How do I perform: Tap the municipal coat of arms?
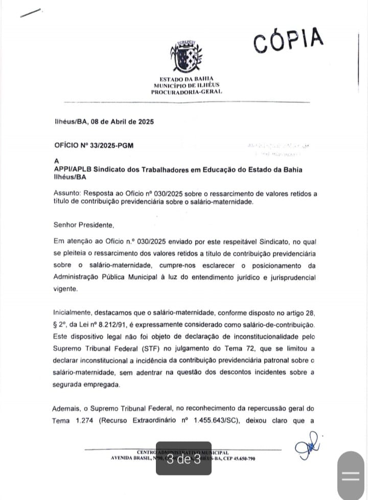(186, 56)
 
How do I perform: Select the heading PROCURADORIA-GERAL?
(186, 92)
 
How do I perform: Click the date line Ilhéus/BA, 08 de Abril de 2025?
(104, 122)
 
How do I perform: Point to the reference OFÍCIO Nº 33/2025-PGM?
(94, 145)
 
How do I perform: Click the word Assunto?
(67, 194)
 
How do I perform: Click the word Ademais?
(67, 408)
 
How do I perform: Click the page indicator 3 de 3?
(183, 459)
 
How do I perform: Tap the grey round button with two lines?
(350, 475)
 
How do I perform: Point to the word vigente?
(66, 289)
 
